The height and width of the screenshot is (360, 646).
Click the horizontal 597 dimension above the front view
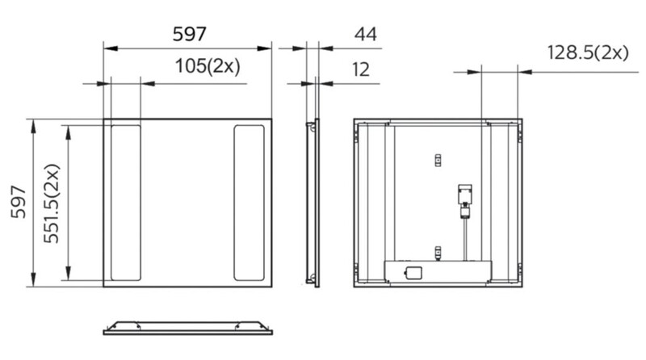(x=189, y=34)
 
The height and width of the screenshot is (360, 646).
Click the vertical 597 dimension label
(x=19, y=203)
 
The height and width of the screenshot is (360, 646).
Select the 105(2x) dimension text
(x=208, y=66)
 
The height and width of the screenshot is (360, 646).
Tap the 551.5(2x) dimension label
(x=52, y=203)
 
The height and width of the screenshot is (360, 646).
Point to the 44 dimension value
(x=366, y=34)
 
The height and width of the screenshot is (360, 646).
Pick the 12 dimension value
(x=361, y=69)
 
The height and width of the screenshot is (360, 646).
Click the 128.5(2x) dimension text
(x=588, y=52)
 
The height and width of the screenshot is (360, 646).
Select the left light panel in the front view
(x=126, y=203)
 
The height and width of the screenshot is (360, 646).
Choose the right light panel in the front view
(x=249, y=203)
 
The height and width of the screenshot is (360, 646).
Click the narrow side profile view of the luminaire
(x=313, y=203)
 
